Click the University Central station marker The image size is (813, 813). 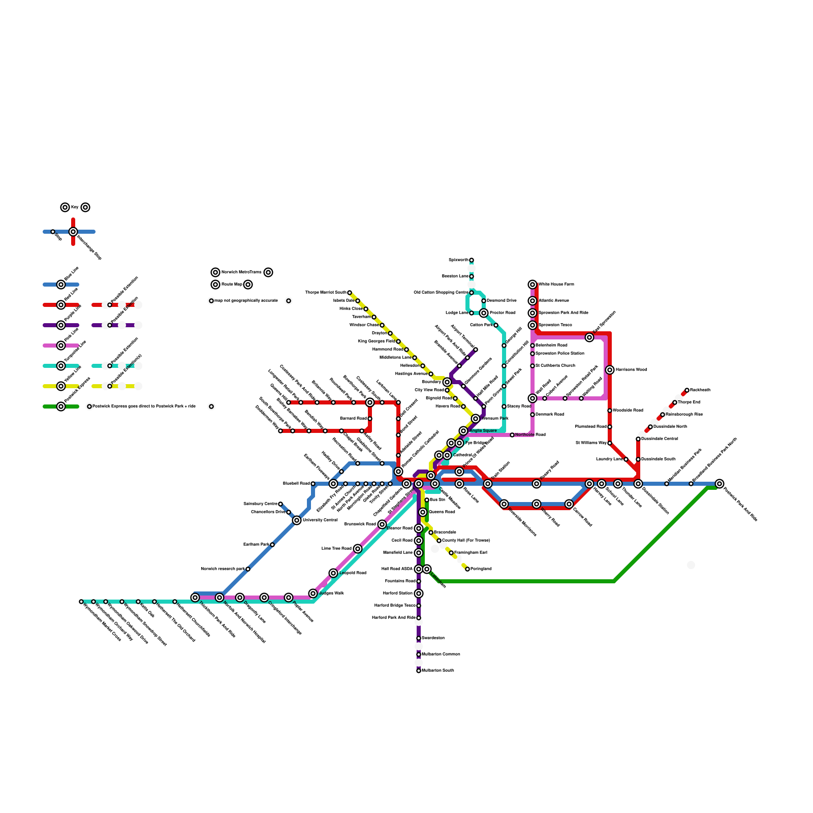coord(297,520)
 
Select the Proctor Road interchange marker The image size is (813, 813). coord(484,313)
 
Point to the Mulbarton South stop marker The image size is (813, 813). coord(419,671)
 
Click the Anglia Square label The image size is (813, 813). coord(483,431)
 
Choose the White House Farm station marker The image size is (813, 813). coord(533,285)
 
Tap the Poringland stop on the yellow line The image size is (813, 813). coord(467,569)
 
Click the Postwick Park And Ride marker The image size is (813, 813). coord(720,484)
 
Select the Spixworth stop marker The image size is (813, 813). coord(472,260)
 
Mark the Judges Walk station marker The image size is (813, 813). coord(313,593)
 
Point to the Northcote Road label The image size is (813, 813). coord(530,435)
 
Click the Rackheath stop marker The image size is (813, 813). coord(687,390)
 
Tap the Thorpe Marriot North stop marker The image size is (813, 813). coord(350,293)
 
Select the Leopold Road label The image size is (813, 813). coord(353,573)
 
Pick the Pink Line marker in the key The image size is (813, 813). coord(61,346)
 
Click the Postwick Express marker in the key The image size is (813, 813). coord(61,407)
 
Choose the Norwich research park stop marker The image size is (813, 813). coord(248,569)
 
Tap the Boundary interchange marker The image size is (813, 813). coord(447,382)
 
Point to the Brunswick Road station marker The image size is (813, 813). coord(382,524)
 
